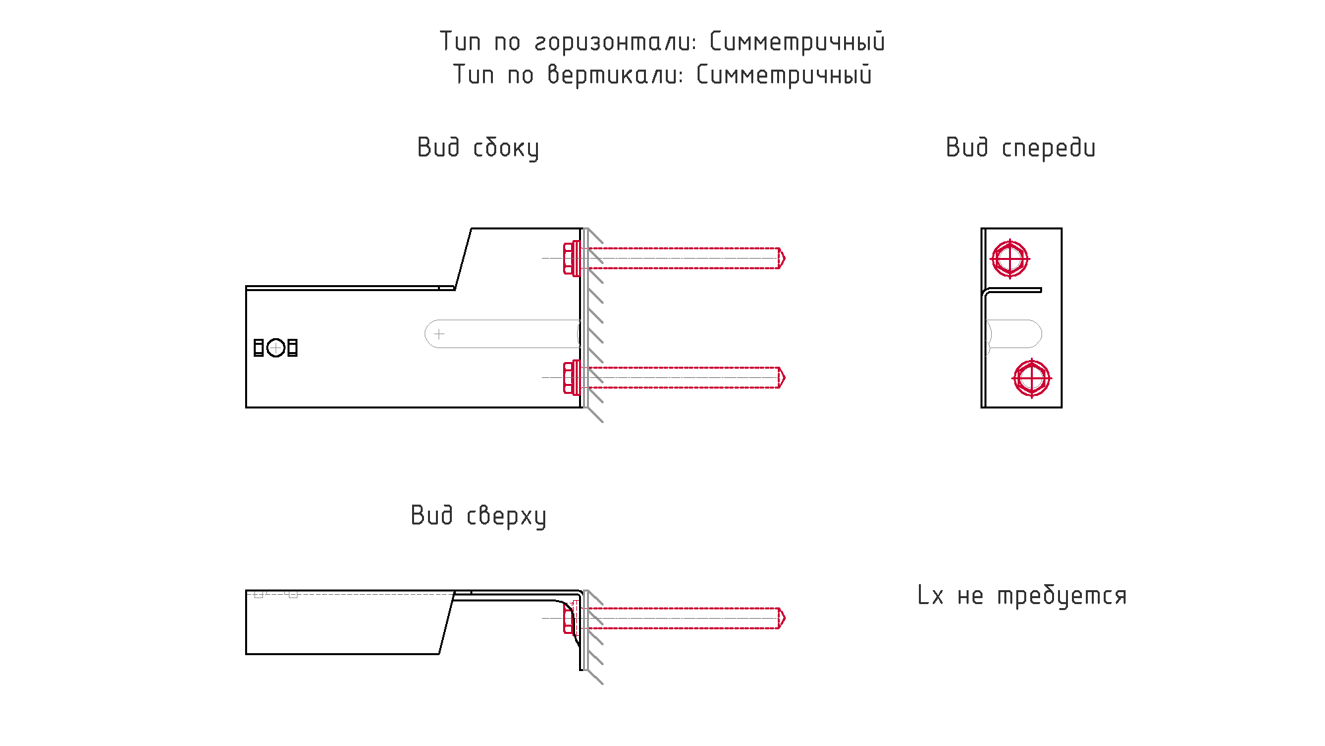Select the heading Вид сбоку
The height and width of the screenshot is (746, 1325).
(478, 148)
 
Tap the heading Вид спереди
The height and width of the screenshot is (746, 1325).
(1020, 148)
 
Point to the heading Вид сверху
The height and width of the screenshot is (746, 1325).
(478, 516)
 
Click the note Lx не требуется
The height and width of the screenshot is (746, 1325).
(1022, 595)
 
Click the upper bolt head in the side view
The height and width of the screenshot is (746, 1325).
(571, 259)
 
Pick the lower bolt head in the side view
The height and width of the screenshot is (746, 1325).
(571, 378)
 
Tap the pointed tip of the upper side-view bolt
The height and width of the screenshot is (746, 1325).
(785, 258)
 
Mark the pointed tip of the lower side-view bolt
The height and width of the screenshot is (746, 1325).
(785, 377)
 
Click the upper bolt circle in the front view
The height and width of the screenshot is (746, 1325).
(1010, 259)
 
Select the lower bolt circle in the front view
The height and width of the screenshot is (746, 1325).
(1032, 379)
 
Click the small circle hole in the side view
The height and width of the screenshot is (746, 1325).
(276, 347)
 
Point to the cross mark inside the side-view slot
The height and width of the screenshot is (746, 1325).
(439, 334)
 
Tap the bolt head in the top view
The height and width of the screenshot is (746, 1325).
(569, 618)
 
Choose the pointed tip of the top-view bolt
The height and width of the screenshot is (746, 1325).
(785, 618)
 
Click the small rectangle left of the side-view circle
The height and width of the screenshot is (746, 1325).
(259, 347)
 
